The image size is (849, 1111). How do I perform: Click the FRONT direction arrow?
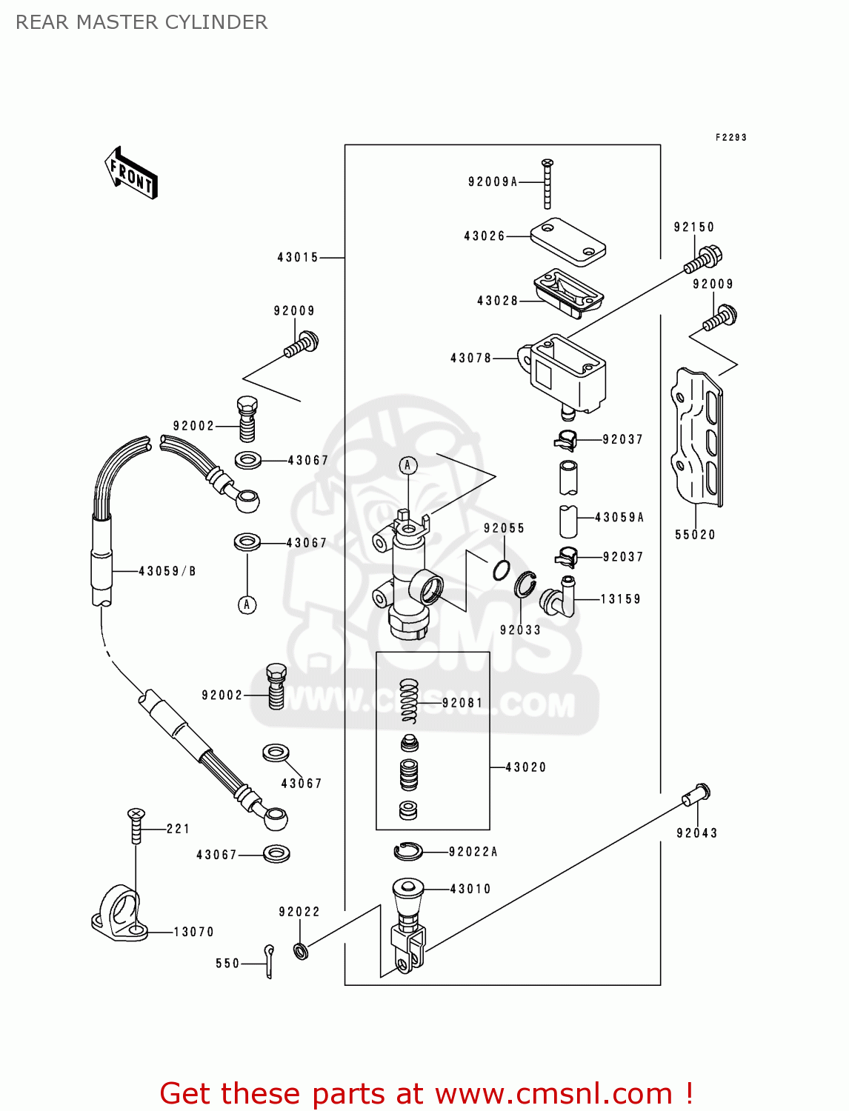(131, 173)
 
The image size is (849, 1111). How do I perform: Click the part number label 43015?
(297, 258)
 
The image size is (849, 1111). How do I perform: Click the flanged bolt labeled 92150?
(703, 258)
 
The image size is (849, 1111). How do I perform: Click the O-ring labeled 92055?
(502, 570)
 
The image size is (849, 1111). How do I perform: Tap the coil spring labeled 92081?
(409, 700)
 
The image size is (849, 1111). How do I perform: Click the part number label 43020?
(525, 767)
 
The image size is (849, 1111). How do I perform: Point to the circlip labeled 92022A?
(407, 852)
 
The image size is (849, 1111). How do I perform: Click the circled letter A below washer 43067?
(247, 604)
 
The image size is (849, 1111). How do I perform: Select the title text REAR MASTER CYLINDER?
(141, 22)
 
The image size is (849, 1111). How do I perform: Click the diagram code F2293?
(730, 137)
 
